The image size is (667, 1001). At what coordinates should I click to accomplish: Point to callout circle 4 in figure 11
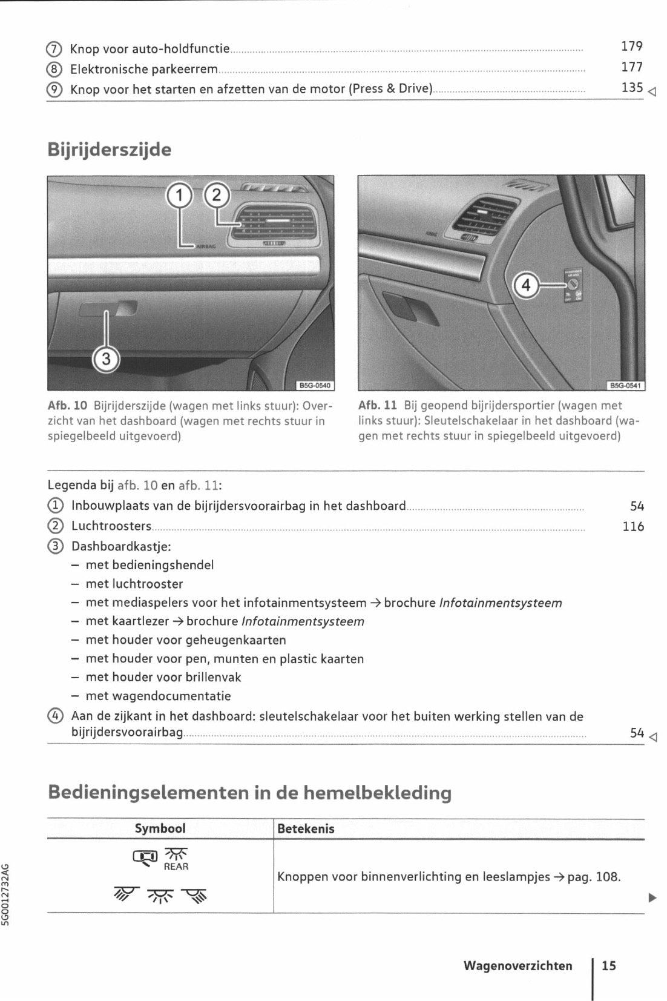[x=526, y=285]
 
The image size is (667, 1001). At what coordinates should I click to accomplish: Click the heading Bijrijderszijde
[x=110, y=150]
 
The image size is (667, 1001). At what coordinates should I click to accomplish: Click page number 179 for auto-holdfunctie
[x=631, y=47]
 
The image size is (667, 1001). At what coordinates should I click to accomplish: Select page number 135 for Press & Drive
[x=631, y=88]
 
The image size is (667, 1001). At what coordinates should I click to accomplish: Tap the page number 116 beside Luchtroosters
[x=633, y=527]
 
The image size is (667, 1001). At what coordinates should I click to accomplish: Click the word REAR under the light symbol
[x=176, y=867]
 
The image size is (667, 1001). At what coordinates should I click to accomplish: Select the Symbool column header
[x=160, y=828]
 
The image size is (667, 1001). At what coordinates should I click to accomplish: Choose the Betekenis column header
[x=306, y=829]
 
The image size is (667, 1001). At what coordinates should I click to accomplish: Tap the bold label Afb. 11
[x=378, y=406]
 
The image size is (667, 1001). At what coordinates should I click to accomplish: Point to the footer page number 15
[x=608, y=966]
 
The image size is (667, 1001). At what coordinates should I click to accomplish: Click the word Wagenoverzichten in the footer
[x=517, y=966]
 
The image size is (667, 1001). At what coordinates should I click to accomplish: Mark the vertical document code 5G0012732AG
[x=6, y=893]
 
